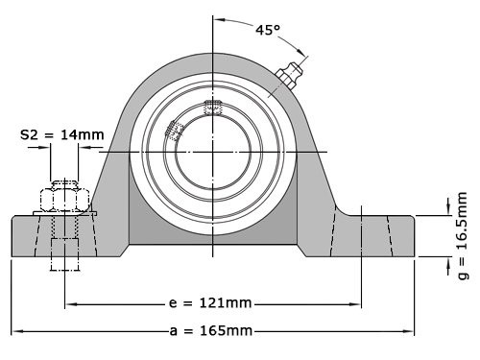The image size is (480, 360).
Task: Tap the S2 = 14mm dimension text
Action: tap(61, 135)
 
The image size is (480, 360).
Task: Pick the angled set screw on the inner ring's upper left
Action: tap(176, 131)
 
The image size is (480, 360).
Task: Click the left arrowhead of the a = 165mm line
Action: tap(15, 331)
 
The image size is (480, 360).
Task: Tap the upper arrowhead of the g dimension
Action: tap(448, 210)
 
